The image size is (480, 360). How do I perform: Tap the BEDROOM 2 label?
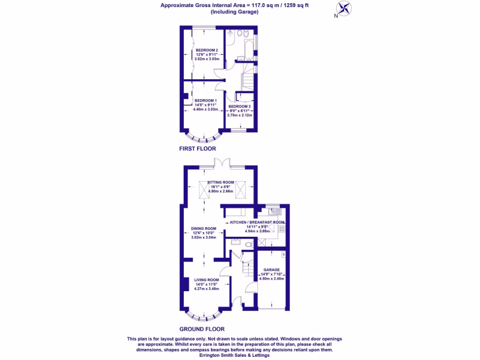pyautogui.click(x=207, y=50)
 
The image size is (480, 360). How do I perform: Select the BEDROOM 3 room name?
pyautogui.click(x=240, y=106)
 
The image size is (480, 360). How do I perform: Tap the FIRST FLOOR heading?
pyautogui.click(x=197, y=149)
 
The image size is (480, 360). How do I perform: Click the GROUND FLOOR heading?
pyautogui.click(x=202, y=329)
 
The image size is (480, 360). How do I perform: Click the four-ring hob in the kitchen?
pyautogui.click(x=282, y=229)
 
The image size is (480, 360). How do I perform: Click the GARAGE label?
pyautogui.click(x=271, y=270)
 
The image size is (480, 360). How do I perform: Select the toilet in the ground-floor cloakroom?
pyautogui.click(x=249, y=244)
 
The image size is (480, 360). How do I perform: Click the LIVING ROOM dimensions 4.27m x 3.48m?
pyautogui.click(x=207, y=288)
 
